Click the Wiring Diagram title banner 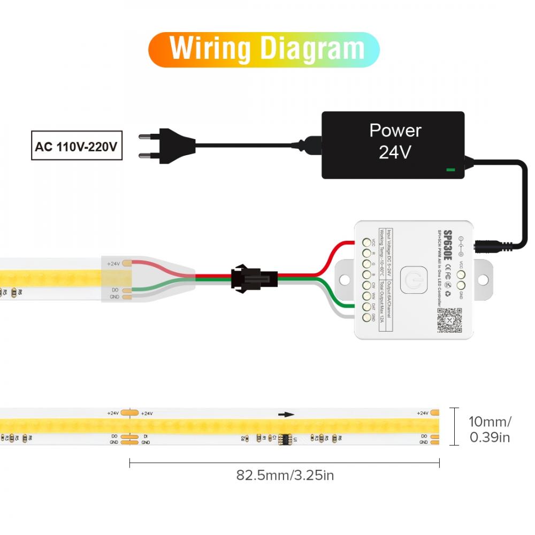264,49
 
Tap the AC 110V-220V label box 75,146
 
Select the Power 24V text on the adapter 395,141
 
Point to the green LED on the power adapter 450,171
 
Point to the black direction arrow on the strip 286,414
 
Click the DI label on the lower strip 146,436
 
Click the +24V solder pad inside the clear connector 127,263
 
